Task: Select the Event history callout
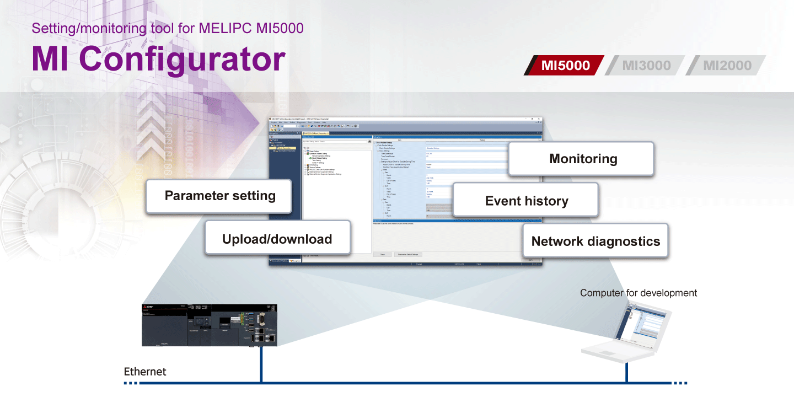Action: (x=525, y=201)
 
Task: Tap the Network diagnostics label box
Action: (x=595, y=241)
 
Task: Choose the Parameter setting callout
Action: (x=219, y=196)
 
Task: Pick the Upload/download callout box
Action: (x=277, y=238)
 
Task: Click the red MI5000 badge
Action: (x=565, y=66)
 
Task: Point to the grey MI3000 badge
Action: (x=646, y=66)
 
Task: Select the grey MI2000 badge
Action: (x=727, y=66)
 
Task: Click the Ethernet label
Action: (x=144, y=372)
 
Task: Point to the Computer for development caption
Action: (x=638, y=293)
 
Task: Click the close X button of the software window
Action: (x=538, y=119)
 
